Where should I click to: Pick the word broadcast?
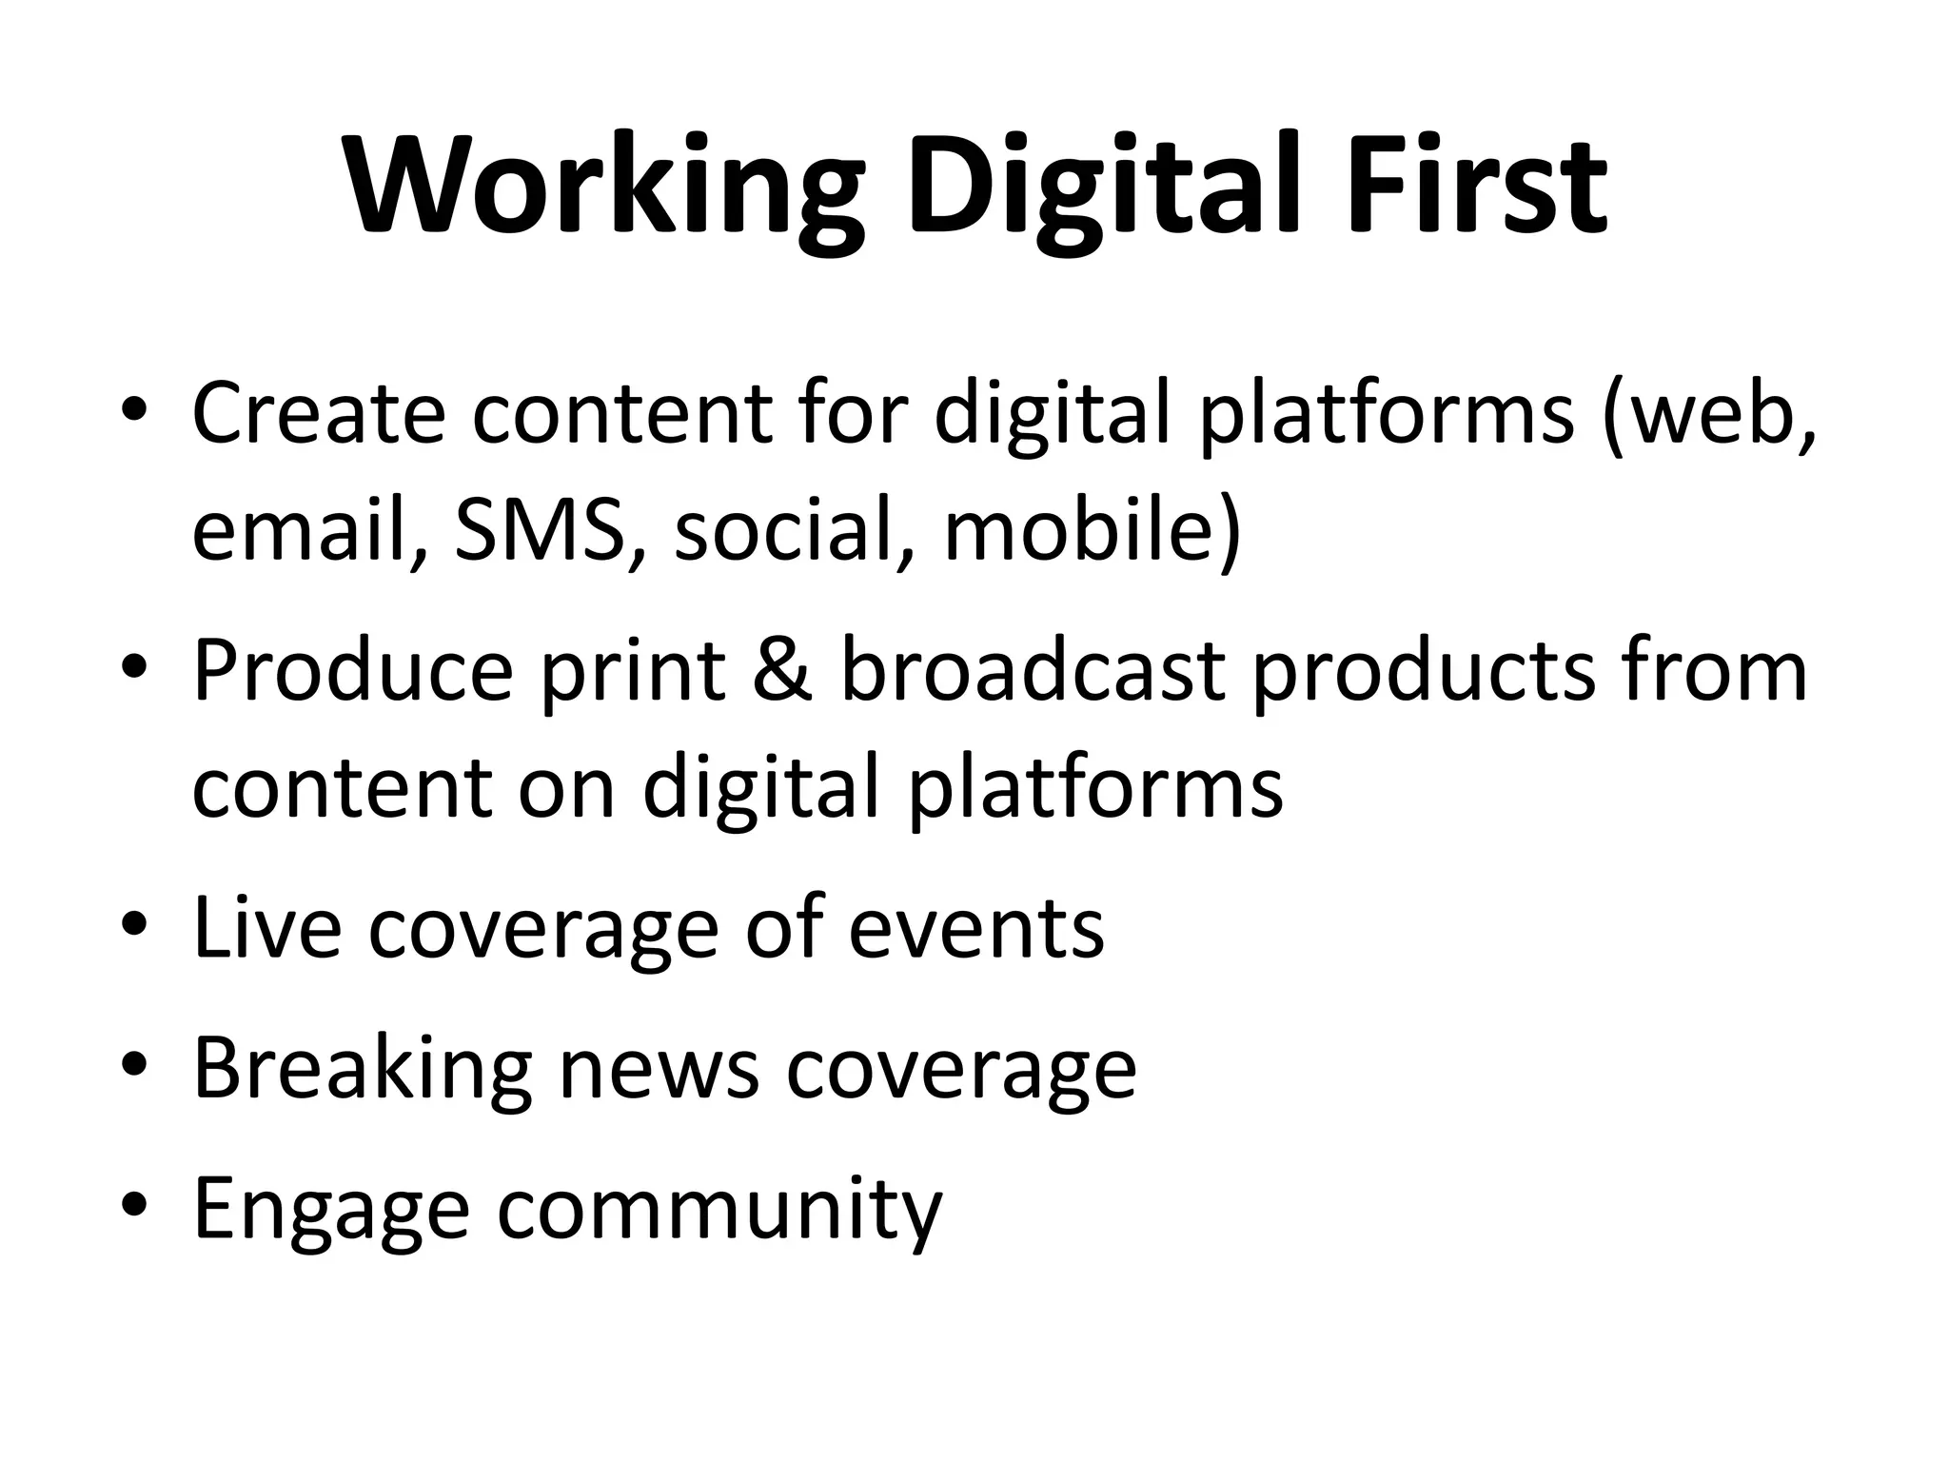(1033, 671)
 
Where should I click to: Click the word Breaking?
(362, 1068)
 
